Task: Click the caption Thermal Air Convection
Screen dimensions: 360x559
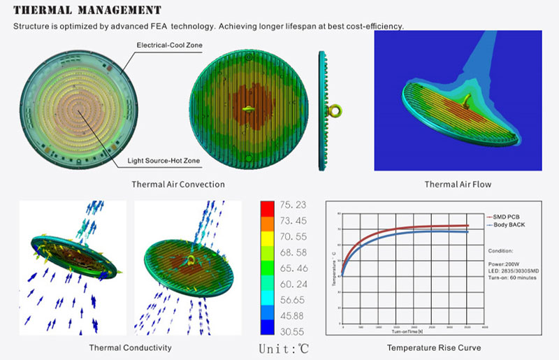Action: pos(178,185)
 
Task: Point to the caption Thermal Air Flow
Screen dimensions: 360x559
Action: pos(458,185)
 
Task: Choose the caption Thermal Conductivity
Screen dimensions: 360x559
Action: pos(131,347)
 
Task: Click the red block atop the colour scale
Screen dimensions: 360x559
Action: pos(267,207)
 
